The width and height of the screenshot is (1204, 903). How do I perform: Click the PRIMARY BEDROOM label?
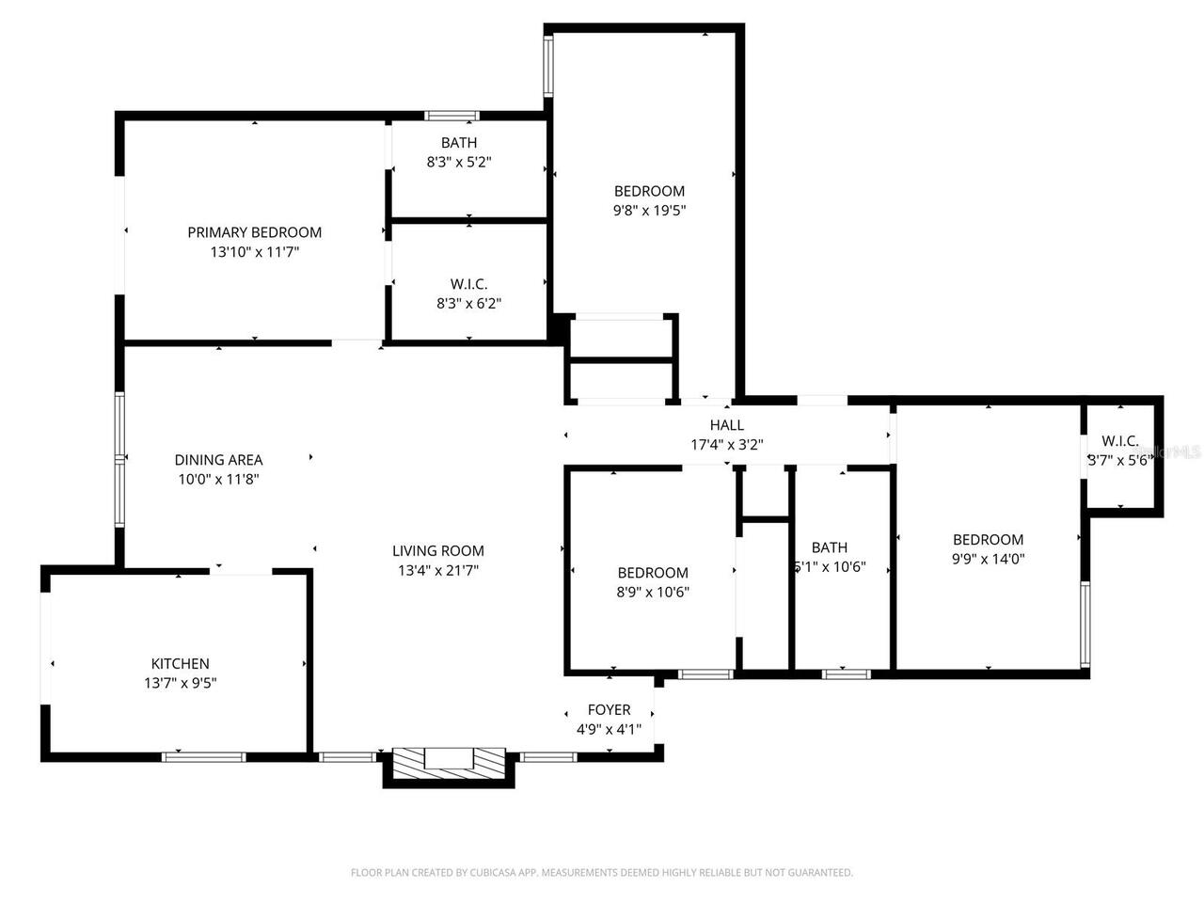pyautogui.click(x=254, y=232)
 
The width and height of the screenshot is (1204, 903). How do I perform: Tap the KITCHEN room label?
pyautogui.click(x=180, y=663)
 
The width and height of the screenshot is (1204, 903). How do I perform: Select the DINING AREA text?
pyautogui.click(x=218, y=460)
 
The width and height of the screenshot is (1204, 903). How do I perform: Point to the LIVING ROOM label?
pyautogui.click(x=438, y=551)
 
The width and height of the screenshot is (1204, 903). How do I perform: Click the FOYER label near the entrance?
pyautogui.click(x=609, y=709)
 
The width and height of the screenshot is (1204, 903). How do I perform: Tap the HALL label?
pyautogui.click(x=726, y=425)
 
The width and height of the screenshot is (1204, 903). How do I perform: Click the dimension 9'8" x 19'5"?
pyautogui.click(x=649, y=211)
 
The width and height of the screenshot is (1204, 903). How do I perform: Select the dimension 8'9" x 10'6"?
pyautogui.click(x=653, y=593)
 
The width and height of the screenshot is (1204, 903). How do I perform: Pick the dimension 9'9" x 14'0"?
pyautogui.click(x=988, y=559)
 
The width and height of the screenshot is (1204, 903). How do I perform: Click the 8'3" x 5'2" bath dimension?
pyautogui.click(x=459, y=162)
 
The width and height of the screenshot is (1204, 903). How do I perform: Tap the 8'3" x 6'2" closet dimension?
pyautogui.click(x=468, y=304)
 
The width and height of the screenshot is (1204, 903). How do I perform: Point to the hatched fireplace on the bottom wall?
pyautogui.click(x=449, y=760)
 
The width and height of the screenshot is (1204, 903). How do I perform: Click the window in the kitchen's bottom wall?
pyautogui.click(x=203, y=756)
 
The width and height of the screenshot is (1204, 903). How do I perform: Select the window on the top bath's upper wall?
pyautogui.click(x=451, y=116)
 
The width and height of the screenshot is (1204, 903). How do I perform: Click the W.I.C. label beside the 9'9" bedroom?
pyautogui.click(x=1119, y=440)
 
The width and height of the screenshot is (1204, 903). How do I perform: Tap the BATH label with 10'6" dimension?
pyautogui.click(x=829, y=547)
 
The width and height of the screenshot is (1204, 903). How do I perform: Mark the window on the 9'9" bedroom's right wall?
pyautogui.click(x=1085, y=624)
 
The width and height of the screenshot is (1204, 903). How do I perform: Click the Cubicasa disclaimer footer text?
pyautogui.click(x=602, y=873)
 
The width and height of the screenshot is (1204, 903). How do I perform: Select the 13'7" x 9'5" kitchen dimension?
pyautogui.click(x=180, y=684)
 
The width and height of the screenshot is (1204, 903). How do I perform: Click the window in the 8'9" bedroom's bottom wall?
pyautogui.click(x=705, y=673)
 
